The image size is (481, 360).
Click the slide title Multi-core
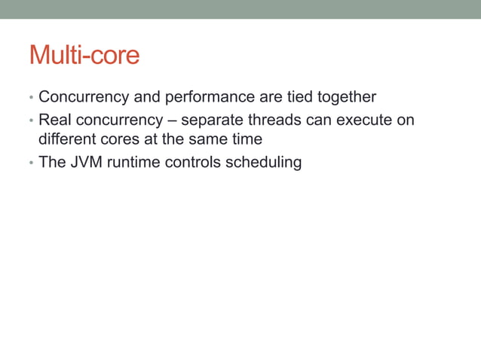point(84,56)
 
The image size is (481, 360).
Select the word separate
point(211,121)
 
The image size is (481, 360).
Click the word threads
point(274,121)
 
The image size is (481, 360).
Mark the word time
point(246,140)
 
